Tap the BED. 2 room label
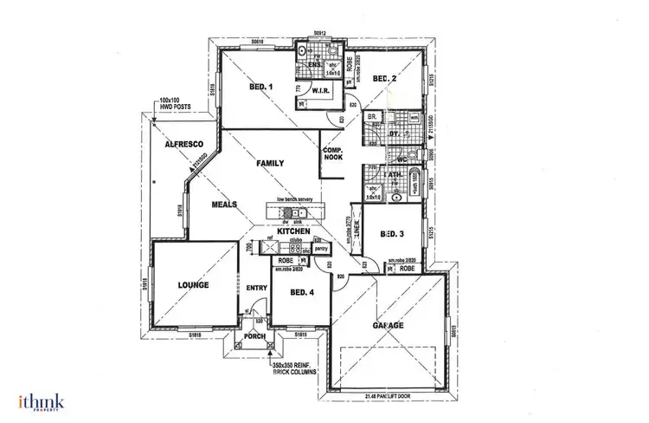coord(384,80)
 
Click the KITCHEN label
coord(294,231)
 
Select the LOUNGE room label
coord(195,283)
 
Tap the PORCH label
coord(254,336)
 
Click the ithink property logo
coord(41,401)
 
